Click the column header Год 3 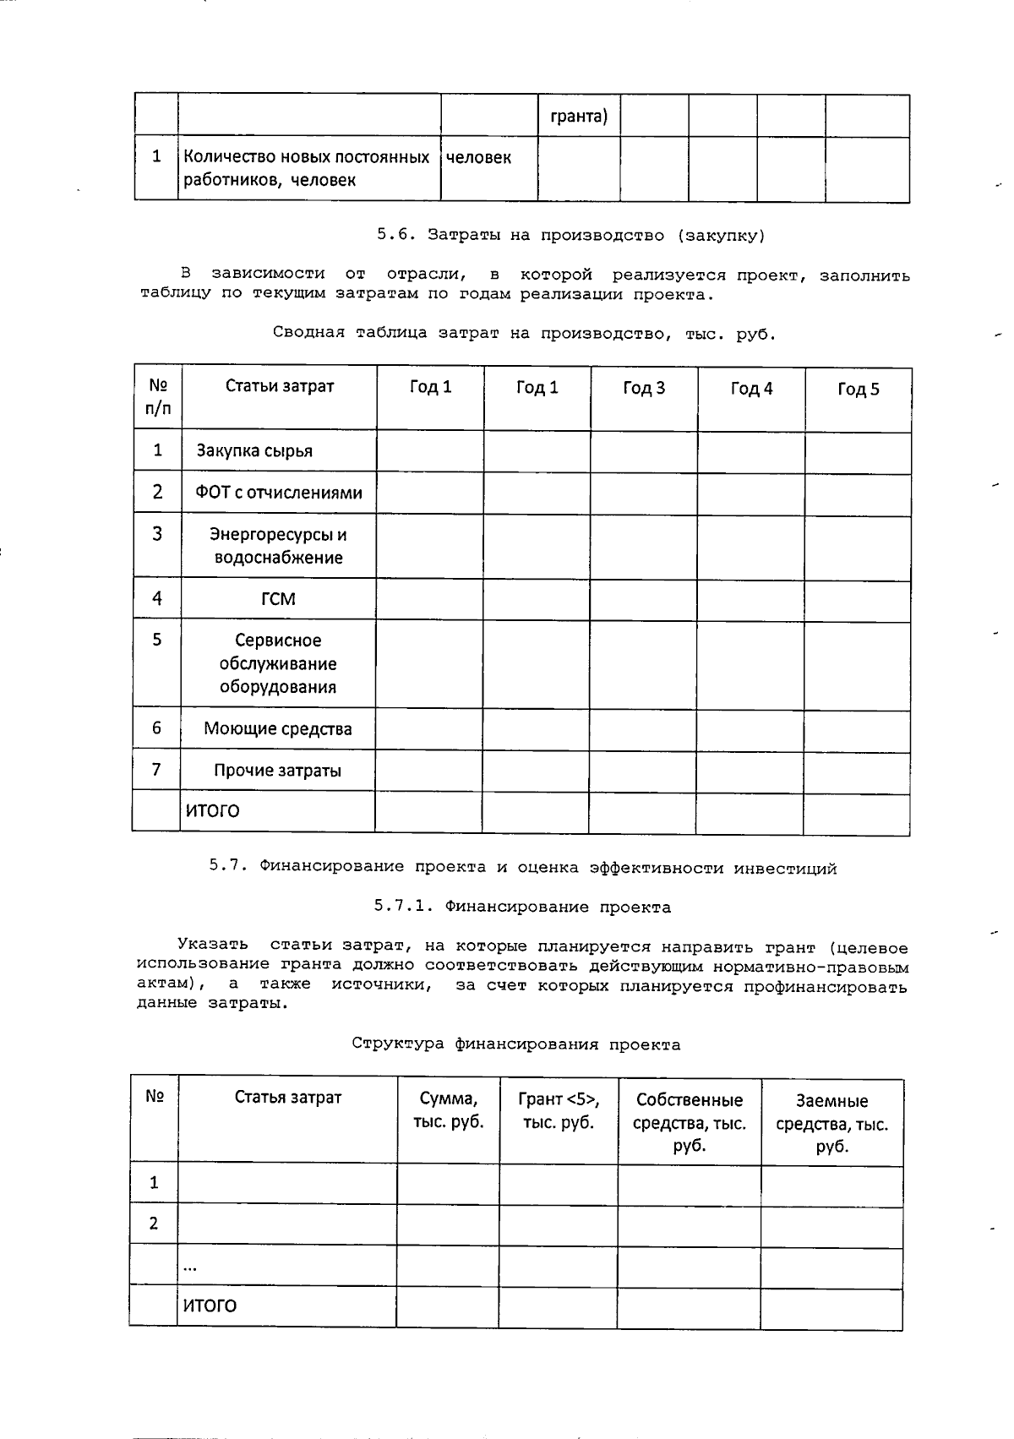(x=644, y=388)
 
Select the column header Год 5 (x=858, y=389)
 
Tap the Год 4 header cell (x=751, y=389)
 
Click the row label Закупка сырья (x=254, y=451)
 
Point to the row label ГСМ (x=278, y=599)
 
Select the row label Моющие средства (x=277, y=728)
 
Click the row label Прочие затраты (x=277, y=771)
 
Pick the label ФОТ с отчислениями (x=278, y=493)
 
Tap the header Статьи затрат (x=280, y=386)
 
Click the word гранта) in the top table (x=579, y=116)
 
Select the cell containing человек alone (x=478, y=158)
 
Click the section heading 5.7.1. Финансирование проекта (x=522, y=908)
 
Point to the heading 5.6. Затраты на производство (x=570, y=236)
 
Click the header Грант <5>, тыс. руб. (x=559, y=1110)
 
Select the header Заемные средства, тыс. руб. (x=831, y=1124)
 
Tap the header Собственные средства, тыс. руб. (x=689, y=1123)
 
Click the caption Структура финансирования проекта (x=515, y=1044)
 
